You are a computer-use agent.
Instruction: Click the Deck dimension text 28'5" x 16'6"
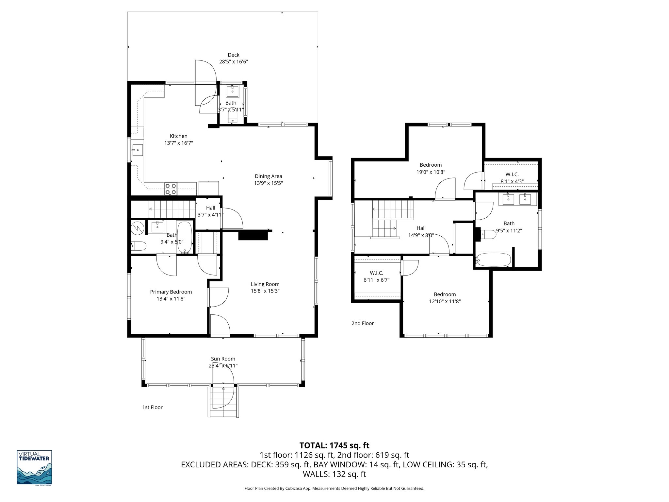[x=233, y=62]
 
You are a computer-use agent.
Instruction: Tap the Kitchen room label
[x=178, y=136]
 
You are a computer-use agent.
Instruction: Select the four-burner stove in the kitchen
[x=171, y=189]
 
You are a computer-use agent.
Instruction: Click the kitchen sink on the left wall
[x=138, y=151]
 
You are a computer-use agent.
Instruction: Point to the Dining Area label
[x=268, y=176]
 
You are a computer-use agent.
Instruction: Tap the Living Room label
[x=265, y=284]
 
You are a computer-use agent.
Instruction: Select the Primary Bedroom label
[x=171, y=292]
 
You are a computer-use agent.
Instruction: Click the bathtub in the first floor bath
[x=185, y=237]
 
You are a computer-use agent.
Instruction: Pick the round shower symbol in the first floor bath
[x=138, y=227]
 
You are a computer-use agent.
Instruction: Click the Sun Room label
[x=223, y=359]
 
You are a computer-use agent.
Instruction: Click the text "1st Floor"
[x=152, y=407]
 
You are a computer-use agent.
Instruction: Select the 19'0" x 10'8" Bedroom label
[x=431, y=165]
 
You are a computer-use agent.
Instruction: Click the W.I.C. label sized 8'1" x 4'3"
[x=512, y=175]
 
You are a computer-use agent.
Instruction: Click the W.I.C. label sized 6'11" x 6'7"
[x=376, y=273]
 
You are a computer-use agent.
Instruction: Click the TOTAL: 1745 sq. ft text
[x=334, y=445]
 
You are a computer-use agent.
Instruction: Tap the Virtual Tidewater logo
[x=34, y=467]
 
